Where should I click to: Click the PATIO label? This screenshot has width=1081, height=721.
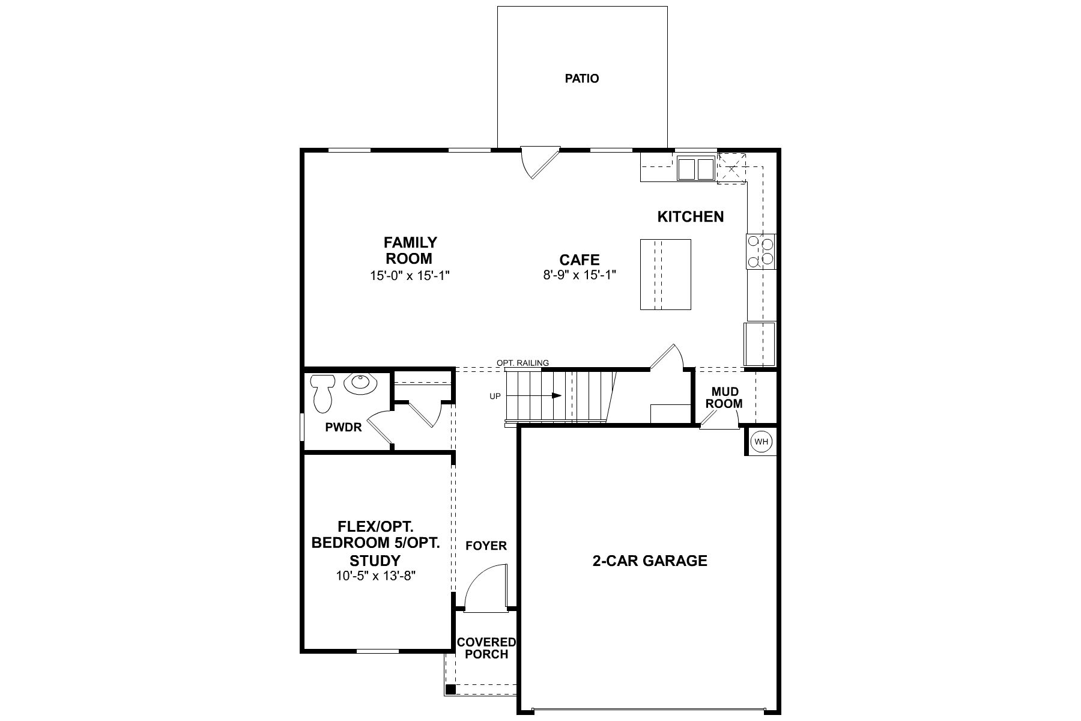click(582, 78)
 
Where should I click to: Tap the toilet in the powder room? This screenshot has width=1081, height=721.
click(323, 392)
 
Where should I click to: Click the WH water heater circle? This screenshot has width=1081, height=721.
click(762, 442)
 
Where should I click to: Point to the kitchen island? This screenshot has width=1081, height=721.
click(665, 274)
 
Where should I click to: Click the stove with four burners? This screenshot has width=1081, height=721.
click(761, 251)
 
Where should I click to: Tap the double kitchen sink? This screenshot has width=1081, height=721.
click(696, 168)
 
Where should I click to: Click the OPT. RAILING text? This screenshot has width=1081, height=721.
click(522, 363)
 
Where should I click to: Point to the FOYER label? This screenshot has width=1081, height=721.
click(486, 546)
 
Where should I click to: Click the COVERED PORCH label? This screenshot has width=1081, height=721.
click(486, 648)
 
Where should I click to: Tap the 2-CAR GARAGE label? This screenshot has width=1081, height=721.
click(650, 561)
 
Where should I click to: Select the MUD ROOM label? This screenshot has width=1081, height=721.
click(724, 398)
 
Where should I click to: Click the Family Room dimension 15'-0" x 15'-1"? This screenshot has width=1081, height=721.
click(410, 276)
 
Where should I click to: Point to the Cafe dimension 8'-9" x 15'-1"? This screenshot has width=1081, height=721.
click(580, 275)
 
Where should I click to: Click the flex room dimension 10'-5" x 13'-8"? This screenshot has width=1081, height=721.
click(376, 576)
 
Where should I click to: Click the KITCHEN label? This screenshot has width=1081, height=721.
click(691, 216)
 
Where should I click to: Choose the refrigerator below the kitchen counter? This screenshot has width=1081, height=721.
click(760, 344)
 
